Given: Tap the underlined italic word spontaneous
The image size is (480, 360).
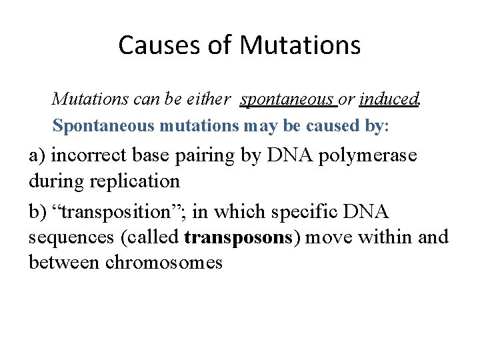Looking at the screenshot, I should click(287, 100).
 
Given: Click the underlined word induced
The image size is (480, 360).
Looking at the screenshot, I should click(388, 100).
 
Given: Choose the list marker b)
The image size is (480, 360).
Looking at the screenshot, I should click(38, 212).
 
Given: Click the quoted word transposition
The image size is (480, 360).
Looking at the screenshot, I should click(114, 212).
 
